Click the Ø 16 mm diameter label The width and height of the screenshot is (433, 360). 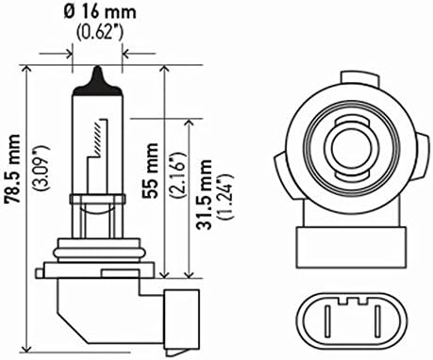coord(100,13)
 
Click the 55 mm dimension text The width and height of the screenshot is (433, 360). coord(150,170)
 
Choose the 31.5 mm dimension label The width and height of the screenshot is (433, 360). coord(203,194)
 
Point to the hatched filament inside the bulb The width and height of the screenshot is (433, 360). coord(97,139)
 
